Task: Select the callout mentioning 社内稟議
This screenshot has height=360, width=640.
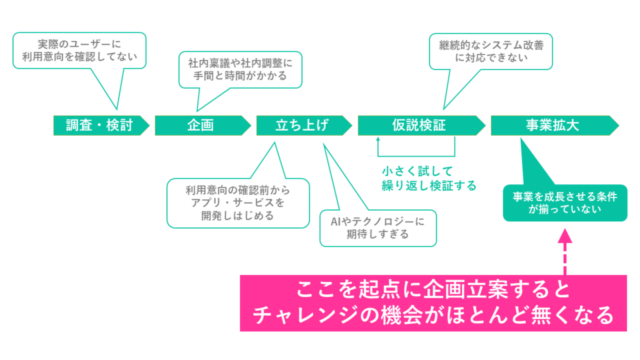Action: pyautogui.click(x=240, y=69)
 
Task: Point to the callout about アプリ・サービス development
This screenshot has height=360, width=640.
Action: pyautogui.click(x=238, y=203)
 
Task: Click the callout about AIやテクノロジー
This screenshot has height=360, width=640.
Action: pyautogui.click(x=377, y=228)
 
